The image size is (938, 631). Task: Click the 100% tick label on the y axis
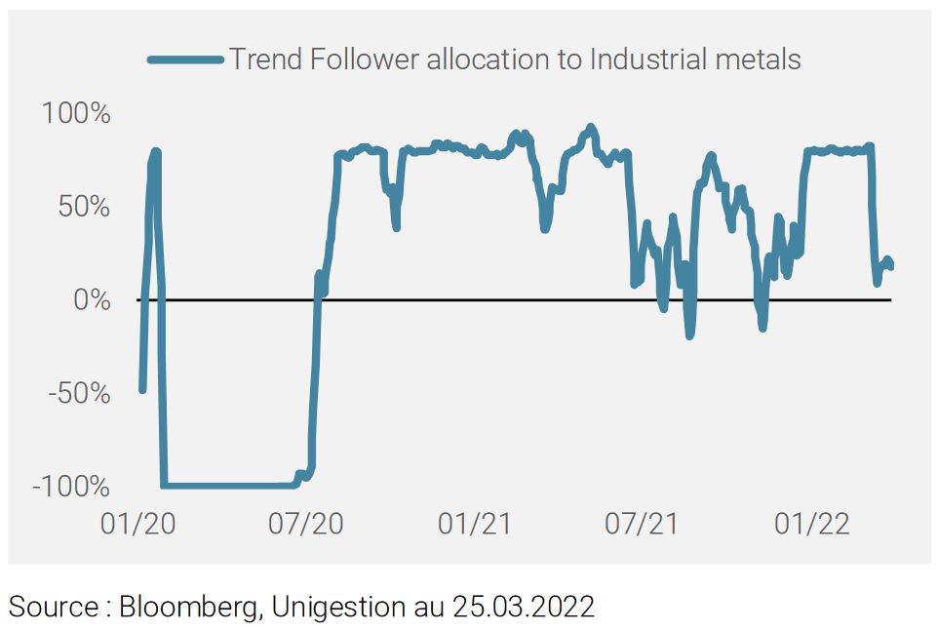[75, 113]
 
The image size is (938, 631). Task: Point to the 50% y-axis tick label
[84, 207]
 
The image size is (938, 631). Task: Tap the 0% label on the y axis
[92, 299]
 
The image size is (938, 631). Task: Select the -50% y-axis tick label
[80, 394]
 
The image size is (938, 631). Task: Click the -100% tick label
[71, 487]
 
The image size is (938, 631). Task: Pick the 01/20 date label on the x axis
[138, 524]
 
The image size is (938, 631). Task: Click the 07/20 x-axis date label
[306, 524]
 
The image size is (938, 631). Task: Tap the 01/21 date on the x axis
[475, 524]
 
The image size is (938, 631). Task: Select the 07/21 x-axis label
[642, 524]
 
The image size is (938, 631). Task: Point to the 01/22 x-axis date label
[812, 524]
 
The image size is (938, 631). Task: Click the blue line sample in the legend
[185, 59]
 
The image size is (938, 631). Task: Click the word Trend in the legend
[265, 59]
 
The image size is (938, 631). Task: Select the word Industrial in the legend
[633, 59]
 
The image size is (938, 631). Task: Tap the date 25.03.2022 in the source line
[524, 606]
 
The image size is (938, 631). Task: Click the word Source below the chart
[55, 606]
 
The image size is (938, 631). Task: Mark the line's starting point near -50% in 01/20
[142, 390]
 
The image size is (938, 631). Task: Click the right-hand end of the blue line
[891, 267]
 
